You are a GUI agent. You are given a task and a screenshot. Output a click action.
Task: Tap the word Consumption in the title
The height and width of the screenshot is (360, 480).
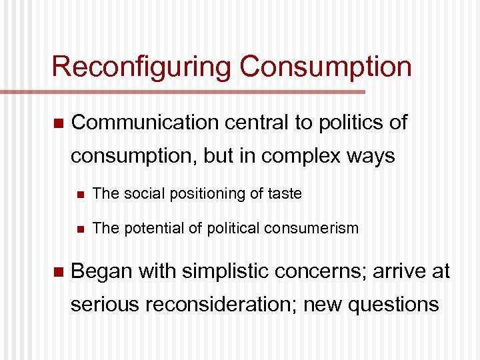325,67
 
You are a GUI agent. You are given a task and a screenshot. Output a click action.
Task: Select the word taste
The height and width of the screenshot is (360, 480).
285,194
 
